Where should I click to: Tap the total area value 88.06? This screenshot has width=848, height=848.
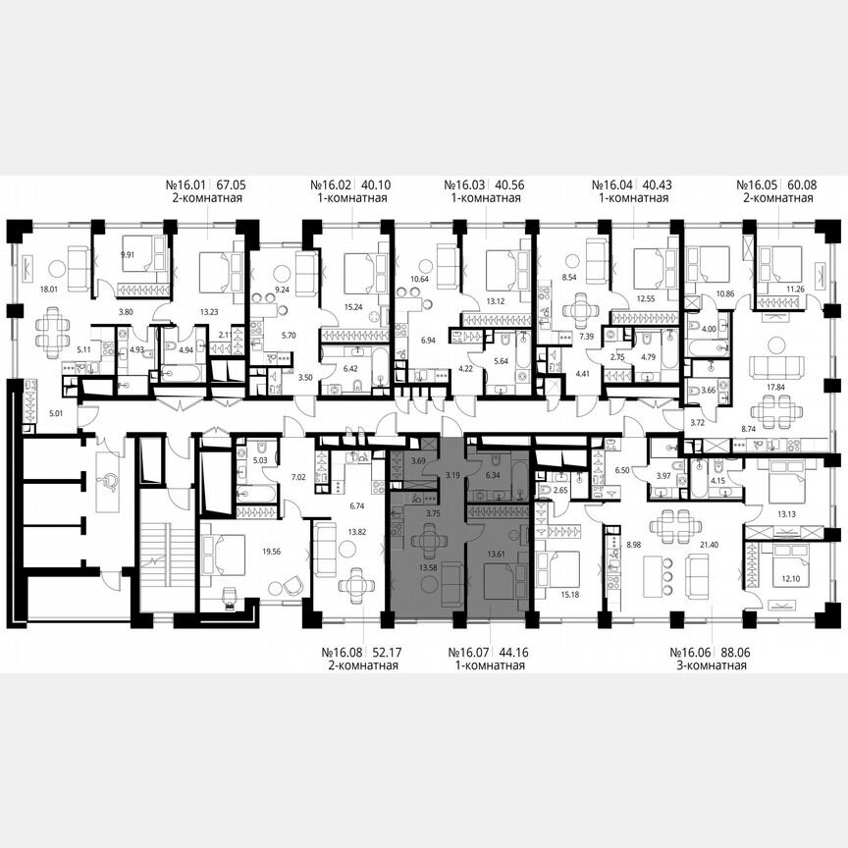731,652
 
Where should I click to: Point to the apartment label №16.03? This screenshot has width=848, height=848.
466,184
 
